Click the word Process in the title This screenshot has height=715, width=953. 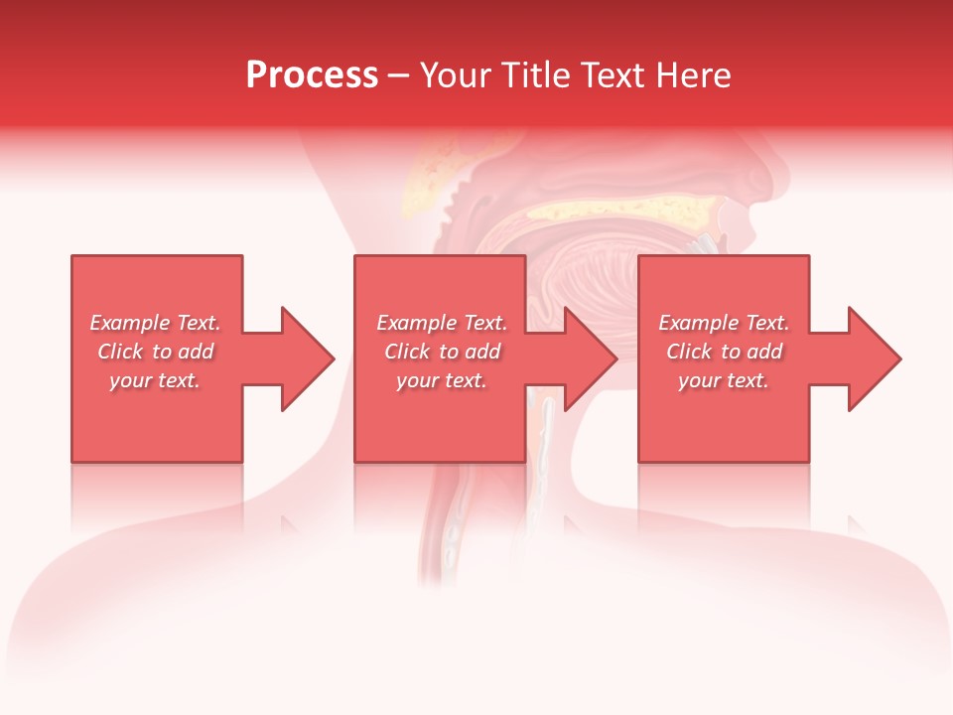coord(312,75)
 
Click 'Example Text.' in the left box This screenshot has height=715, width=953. coord(156,323)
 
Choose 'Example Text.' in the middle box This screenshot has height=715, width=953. coord(442,323)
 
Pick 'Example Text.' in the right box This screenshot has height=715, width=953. coord(725,323)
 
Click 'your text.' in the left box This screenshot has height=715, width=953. coord(155,380)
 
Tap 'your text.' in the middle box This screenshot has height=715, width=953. coord(442,380)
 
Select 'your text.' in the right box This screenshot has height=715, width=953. coord(724,380)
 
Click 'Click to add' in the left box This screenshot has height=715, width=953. coord(156,352)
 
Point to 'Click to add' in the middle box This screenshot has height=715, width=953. coord(442,352)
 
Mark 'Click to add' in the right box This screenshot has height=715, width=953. coord(725,352)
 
